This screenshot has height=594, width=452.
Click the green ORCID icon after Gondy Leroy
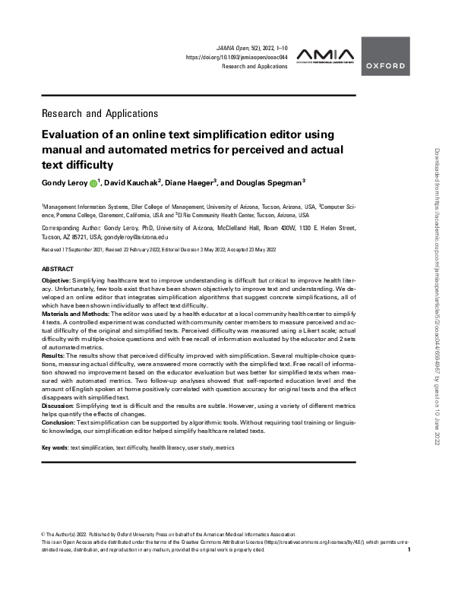click(x=93, y=183)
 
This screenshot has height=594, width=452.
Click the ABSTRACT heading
click(x=57, y=270)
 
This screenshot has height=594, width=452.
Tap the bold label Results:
click(x=54, y=355)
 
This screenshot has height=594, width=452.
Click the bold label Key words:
click(x=55, y=449)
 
